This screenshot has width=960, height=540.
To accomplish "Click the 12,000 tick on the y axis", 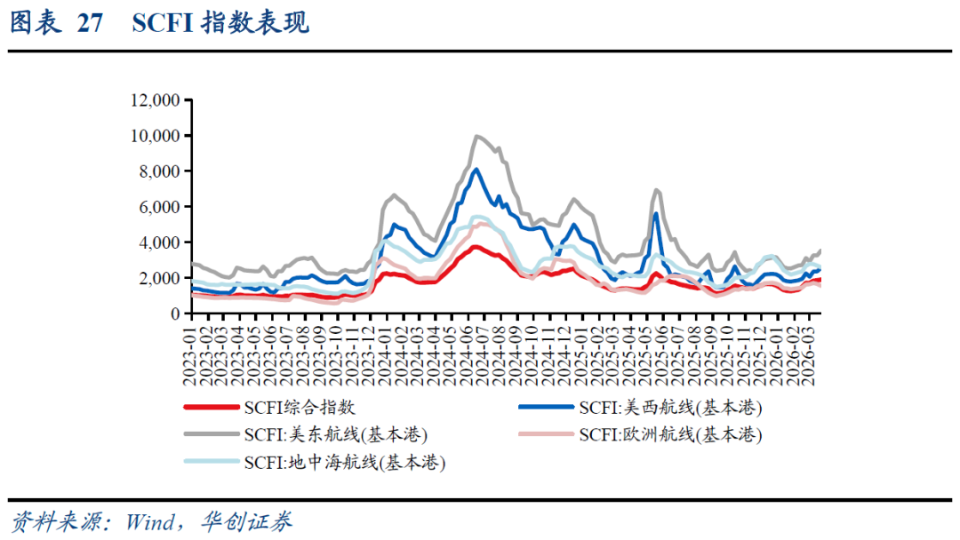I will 156,100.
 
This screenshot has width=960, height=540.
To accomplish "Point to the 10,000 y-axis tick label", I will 156,136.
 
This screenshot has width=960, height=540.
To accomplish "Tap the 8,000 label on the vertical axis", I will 159,171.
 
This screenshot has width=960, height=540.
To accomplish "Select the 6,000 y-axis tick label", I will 159,207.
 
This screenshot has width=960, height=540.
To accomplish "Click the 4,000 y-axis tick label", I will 159,242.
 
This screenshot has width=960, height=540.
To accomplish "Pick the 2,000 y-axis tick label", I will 159,278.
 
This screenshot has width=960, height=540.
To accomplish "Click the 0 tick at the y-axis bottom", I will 175,314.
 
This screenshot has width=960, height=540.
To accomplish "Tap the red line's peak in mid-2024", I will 476,247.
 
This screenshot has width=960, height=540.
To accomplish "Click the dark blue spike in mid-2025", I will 656,213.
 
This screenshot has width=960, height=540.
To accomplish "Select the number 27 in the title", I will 90,24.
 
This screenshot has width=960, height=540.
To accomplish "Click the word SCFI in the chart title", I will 163,24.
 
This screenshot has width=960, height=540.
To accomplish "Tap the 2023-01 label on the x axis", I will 189,353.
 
